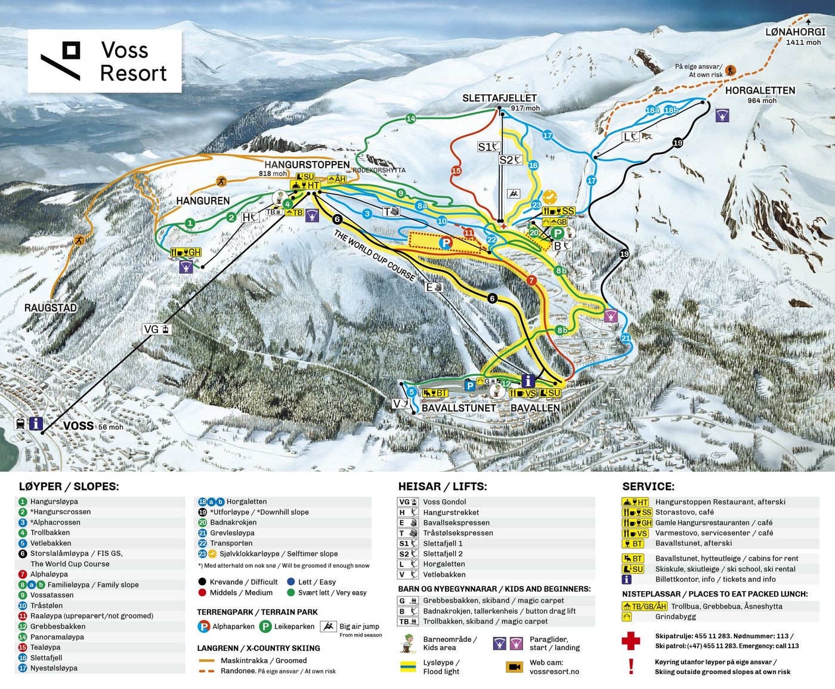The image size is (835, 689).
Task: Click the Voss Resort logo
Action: click(x=104, y=61)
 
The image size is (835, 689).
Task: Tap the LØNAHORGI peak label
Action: click(x=795, y=32)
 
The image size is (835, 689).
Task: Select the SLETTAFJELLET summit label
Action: click(x=499, y=98)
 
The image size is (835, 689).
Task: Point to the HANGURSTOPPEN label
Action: click(x=307, y=165)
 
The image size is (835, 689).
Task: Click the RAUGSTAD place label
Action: click(x=51, y=308)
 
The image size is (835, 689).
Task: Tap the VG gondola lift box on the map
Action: click(x=157, y=329)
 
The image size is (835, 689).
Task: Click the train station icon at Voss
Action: click(x=21, y=424)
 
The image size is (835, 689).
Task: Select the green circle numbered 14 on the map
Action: click(x=411, y=119)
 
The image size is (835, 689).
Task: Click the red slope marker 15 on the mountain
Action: click(x=456, y=171)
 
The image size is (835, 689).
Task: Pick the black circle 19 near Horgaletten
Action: click(x=678, y=143)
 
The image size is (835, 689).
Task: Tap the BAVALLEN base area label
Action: click(x=535, y=408)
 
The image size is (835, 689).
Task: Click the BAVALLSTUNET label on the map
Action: click(x=459, y=408)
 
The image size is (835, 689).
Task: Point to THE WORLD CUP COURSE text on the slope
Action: click(x=374, y=255)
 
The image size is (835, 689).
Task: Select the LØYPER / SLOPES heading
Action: click(x=69, y=487)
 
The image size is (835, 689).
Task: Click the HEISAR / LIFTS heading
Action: click(x=442, y=487)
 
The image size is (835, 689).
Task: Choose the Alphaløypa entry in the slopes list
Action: click(x=49, y=574)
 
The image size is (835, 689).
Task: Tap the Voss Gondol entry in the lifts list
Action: click(x=444, y=502)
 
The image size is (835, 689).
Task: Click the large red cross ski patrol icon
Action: click(x=630, y=641)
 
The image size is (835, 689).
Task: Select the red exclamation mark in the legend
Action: click(x=631, y=666)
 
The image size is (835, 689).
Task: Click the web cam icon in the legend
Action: click(x=514, y=667)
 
